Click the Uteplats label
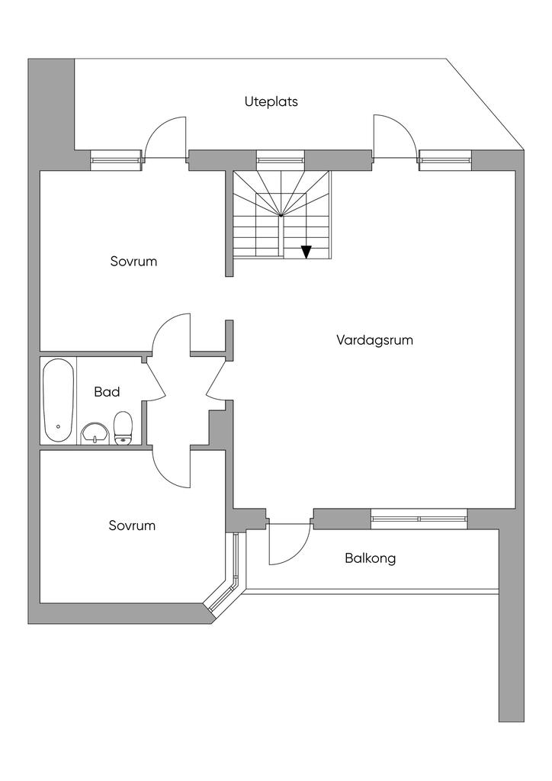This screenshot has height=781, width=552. tap(271, 101)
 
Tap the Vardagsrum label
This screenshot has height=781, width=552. tap(374, 340)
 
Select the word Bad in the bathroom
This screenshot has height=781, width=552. tap(107, 392)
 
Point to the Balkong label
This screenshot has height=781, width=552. tap(370, 558)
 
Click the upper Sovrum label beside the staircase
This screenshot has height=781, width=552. tap(133, 262)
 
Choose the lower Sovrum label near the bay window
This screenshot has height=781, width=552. tap(132, 525)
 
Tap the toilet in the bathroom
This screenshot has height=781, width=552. tap(124, 428)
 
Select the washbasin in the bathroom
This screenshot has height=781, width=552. tap(94, 433)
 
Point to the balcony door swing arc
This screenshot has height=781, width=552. tap(288, 545)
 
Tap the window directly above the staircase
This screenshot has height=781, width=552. tap(280, 160)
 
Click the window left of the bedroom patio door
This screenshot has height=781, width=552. tap(116, 159)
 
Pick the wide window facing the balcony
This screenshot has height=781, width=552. tap(419, 519)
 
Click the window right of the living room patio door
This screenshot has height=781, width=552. tap(444, 159)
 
